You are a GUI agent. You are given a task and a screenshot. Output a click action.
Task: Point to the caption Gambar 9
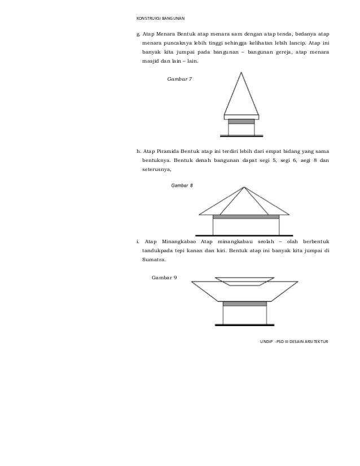165,278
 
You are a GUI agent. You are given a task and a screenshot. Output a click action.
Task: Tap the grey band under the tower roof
242,121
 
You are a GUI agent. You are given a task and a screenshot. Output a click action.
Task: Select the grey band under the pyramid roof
245,217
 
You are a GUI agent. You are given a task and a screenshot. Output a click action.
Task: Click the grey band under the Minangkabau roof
244,304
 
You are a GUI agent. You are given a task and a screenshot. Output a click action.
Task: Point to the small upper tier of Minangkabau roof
244,281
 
